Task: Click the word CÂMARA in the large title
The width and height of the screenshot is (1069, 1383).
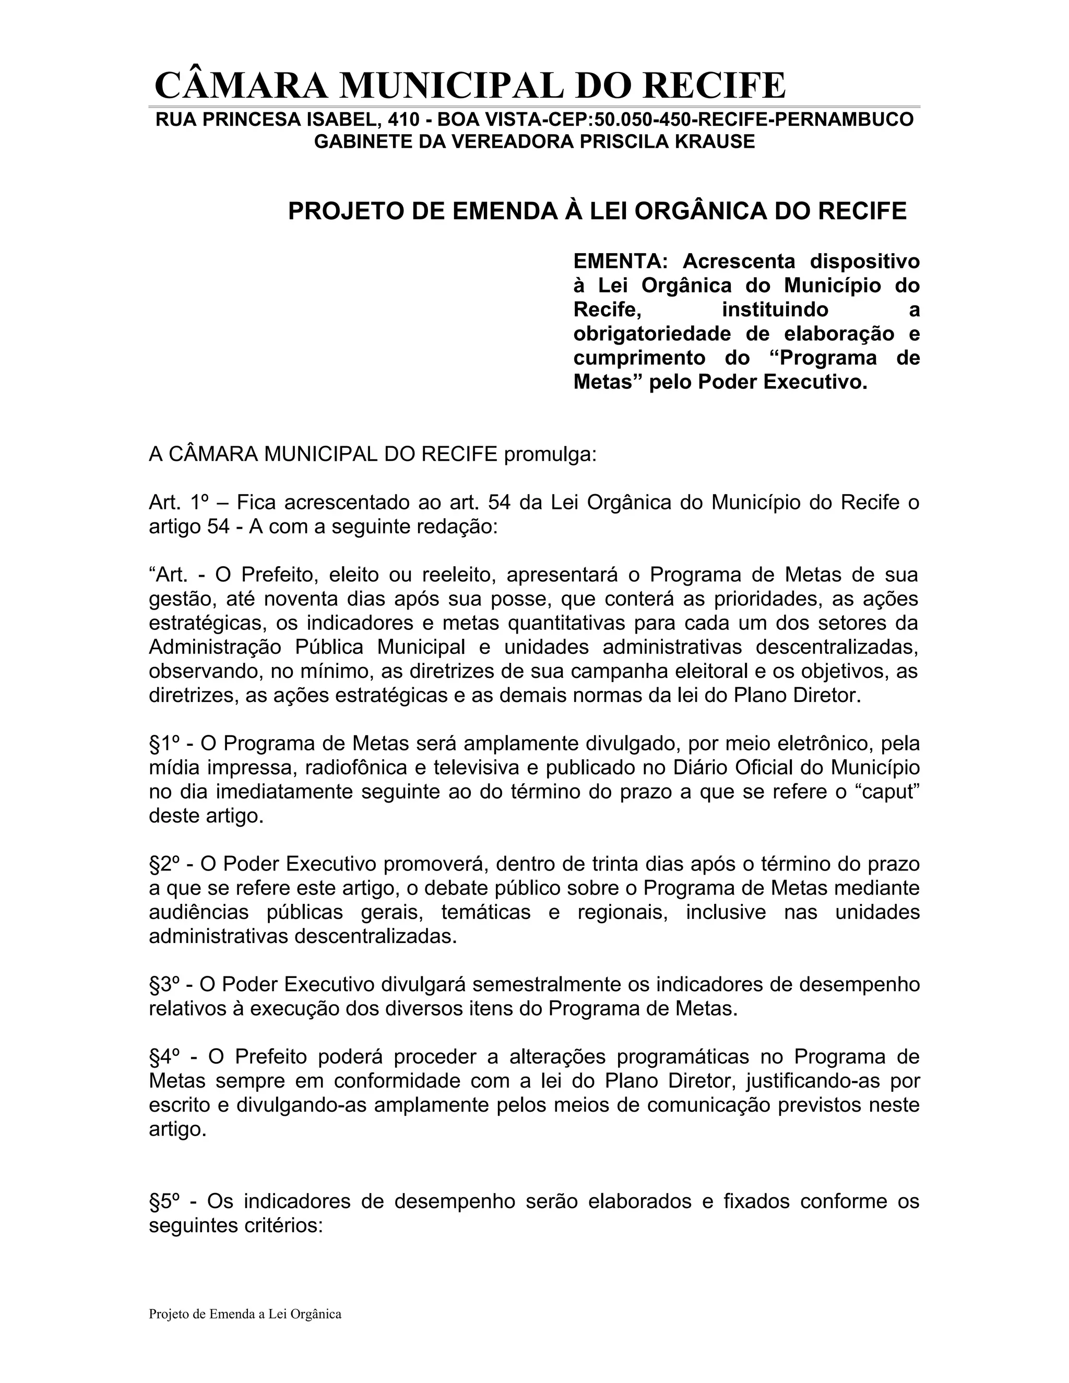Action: pyautogui.click(x=241, y=86)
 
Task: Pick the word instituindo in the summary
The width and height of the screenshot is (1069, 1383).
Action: pyautogui.click(x=775, y=309)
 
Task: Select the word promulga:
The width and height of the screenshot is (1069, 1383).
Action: pyautogui.click(x=550, y=455)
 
